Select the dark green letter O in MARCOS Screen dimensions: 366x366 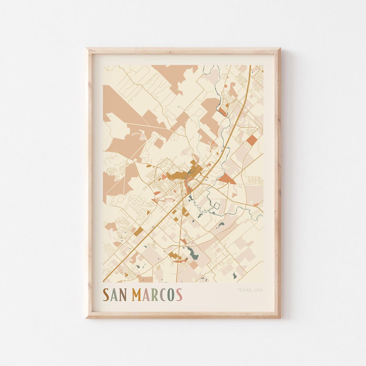click(x=171, y=295)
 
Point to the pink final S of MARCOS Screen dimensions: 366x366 click(x=179, y=295)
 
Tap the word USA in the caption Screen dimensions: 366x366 click(x=258, y=290)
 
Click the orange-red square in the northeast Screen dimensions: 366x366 click(x=252, y=140)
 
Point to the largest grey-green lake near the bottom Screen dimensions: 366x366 click(x=193, y=254)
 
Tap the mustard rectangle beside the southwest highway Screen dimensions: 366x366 click(x=138, y=231)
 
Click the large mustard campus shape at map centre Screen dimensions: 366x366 click(x=177, y=175)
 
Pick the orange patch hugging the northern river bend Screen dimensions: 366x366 click(x=222, y=111)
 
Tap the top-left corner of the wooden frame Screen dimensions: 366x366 click(x=87, y=49)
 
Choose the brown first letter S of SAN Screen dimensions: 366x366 click(x=106, y=295)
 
